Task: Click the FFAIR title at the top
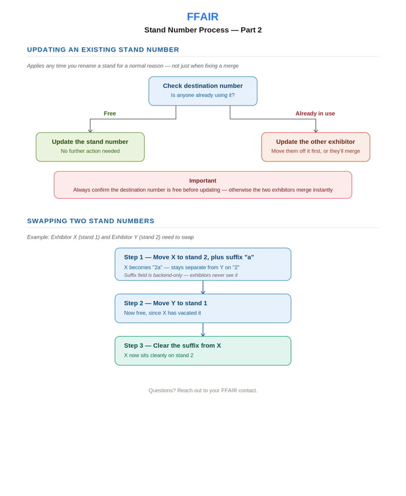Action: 202,16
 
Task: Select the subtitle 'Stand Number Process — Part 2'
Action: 203,30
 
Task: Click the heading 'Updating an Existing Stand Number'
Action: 103,50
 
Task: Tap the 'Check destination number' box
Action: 203,91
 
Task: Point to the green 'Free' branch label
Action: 110,113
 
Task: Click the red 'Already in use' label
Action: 315,113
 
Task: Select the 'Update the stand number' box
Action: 90,147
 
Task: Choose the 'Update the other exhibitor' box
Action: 316,147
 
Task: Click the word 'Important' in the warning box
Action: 202,181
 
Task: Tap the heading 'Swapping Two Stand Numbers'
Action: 91,221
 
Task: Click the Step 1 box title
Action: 189,257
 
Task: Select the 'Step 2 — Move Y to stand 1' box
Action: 203,309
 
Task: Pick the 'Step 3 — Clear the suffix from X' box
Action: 203,351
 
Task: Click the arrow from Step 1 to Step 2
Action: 203,287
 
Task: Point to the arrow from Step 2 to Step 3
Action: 203,330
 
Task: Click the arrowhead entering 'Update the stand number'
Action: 90,130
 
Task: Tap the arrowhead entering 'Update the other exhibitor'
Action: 316,130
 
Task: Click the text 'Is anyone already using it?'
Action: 202,95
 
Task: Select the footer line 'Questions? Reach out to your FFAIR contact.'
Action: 203,390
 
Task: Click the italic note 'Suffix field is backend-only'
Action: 153,275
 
